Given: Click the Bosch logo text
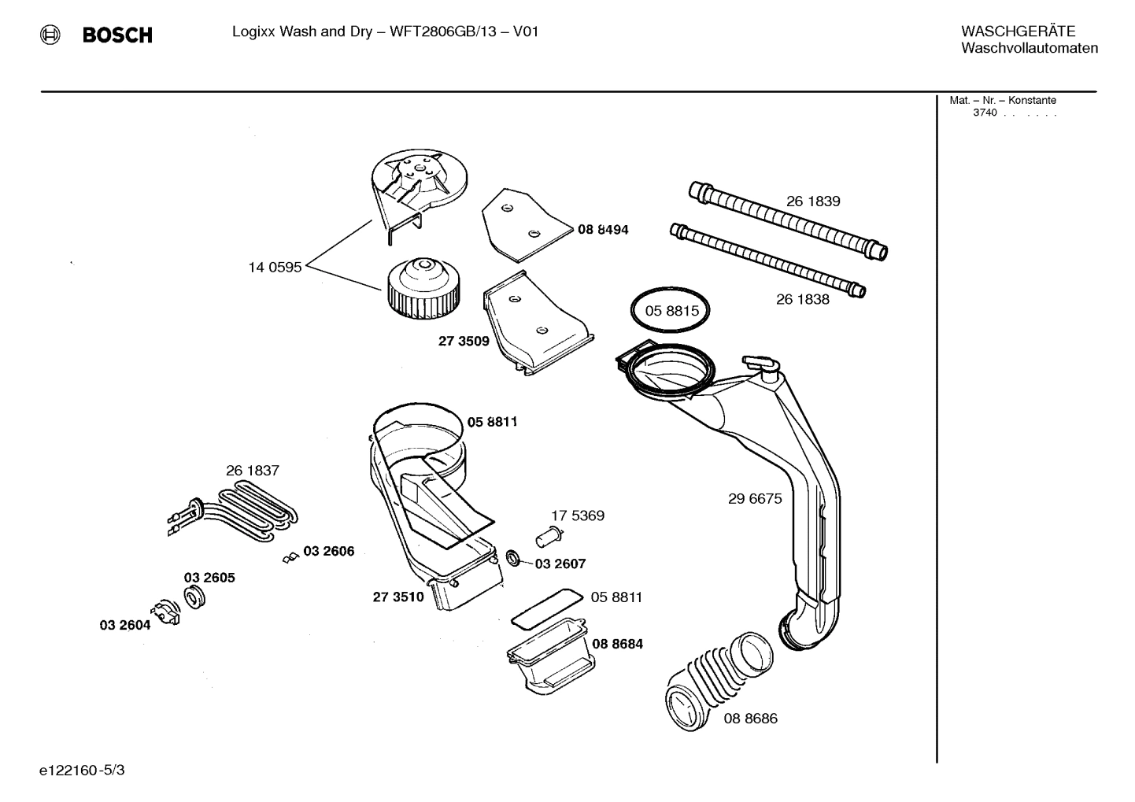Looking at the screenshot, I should [x=117, y=35].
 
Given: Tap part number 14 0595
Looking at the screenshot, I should [x=275, y=268].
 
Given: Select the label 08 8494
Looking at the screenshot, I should [x=603, y=230].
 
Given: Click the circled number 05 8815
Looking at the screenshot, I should [x=671, y=311].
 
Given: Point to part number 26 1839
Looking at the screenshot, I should [x=813, y=201].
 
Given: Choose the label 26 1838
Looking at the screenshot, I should [x=802, y=299].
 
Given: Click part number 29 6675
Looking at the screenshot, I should [x=755, y=498].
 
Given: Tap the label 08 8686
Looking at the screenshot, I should [x=750, y=719].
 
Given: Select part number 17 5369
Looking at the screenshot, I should [x=577, y=516].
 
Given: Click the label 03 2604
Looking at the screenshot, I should [x=124, y=626].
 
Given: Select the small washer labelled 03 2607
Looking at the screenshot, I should [x=513, y=559].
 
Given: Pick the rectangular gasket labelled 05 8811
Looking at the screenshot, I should [x=545, y=608].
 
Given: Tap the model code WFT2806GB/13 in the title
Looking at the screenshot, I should [x=446, y=32].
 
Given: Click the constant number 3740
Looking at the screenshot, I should [x=985, y=113].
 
